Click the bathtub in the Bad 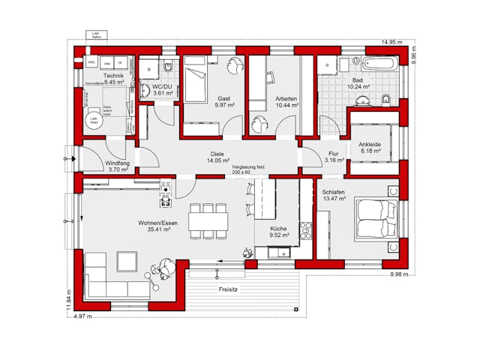coord(382,65)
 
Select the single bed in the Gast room coord(196,81)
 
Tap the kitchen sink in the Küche coord(281,252)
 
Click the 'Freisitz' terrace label coord(229,289)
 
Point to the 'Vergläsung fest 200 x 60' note coord(248,169)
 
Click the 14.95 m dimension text coord(394,42)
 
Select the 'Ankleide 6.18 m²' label coord(370,148)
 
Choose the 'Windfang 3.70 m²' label coord(118,166)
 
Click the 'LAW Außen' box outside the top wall coord(95,35)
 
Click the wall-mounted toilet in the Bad coord(385,100)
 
